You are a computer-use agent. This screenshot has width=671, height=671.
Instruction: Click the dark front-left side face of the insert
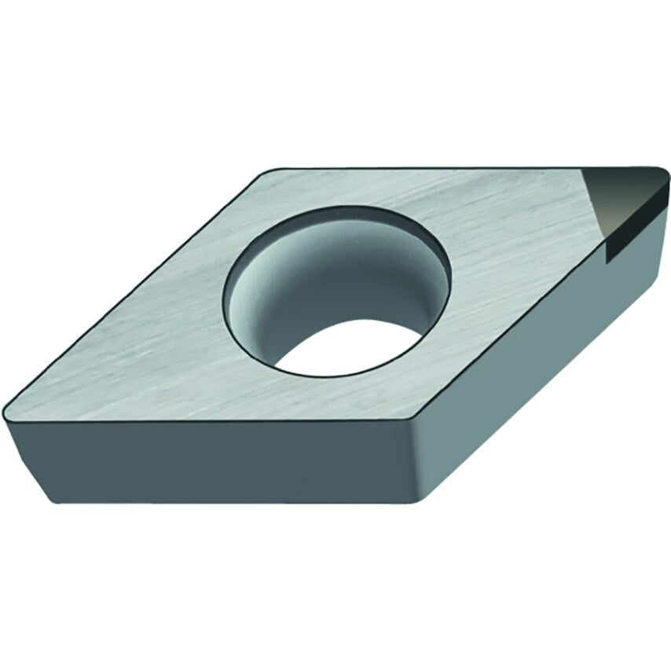(212, 464)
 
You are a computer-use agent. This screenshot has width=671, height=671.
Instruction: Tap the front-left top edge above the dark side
(212, 421)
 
